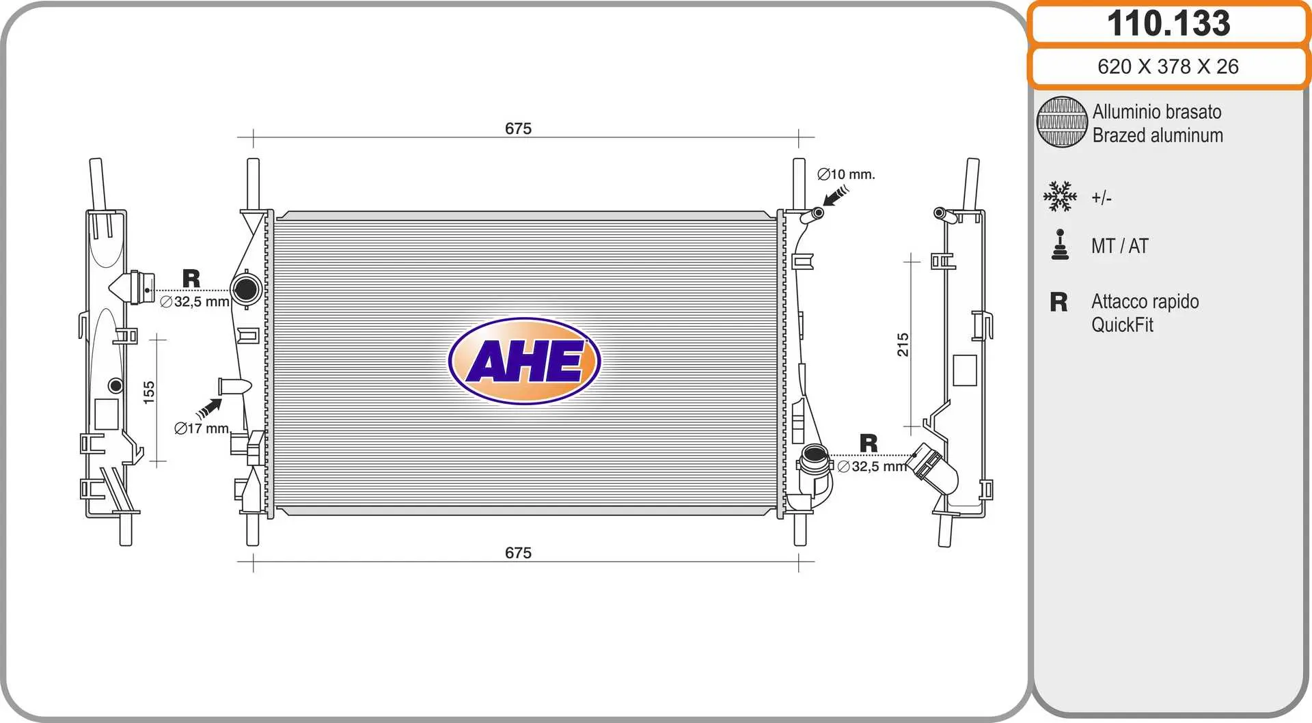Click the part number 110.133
point(1168,23)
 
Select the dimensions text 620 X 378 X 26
point(1168,66)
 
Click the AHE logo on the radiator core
point(525,361)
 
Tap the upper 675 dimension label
point(518,128)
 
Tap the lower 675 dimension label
point(518,553)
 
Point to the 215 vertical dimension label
point(903,344)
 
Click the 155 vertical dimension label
point(149,393)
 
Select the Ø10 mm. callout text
point(846,174)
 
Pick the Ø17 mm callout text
point(202,428)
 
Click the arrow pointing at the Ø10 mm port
point(835,195)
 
